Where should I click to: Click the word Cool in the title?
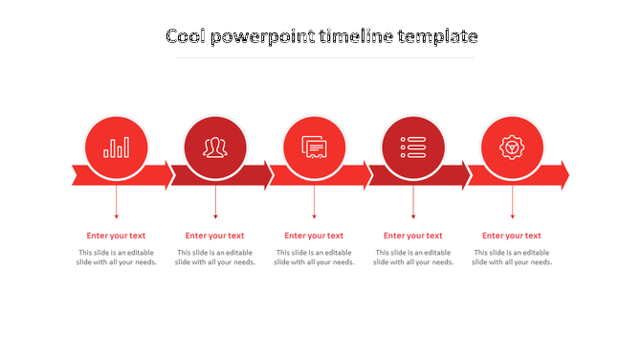187,36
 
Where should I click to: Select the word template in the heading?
436,36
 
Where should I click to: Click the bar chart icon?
117,147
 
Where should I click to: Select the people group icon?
215,147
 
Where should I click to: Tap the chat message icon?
315,147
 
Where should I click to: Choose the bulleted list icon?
413,147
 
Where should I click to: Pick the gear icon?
512,147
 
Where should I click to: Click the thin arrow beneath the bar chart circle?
117,202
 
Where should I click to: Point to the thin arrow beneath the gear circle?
512,202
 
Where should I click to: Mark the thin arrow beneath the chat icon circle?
315,202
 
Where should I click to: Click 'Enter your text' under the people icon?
215,236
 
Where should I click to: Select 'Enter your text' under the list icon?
413,236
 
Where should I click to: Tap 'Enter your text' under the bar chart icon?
117,236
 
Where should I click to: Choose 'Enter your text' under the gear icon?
512,236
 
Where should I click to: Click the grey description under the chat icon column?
315,258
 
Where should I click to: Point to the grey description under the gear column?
512,258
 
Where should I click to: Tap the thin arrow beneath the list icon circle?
413,202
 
